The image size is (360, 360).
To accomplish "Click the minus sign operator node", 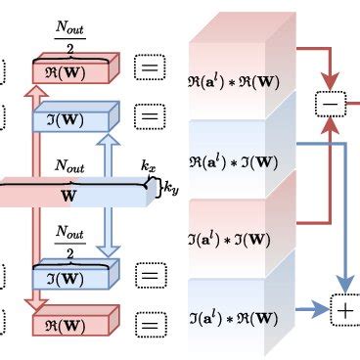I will click(x=330, y=101).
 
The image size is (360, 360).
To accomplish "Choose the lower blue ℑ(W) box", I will click(x=74, y=278).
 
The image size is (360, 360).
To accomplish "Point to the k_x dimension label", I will click(x=149, y=167).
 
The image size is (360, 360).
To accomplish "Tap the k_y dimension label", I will click(x=169, y=185).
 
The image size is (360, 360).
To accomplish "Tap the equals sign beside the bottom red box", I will click(x=150, y=322).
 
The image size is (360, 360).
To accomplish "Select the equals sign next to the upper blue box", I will click(x=150, y=118).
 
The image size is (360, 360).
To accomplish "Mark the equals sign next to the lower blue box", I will click(x=150, y=276).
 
